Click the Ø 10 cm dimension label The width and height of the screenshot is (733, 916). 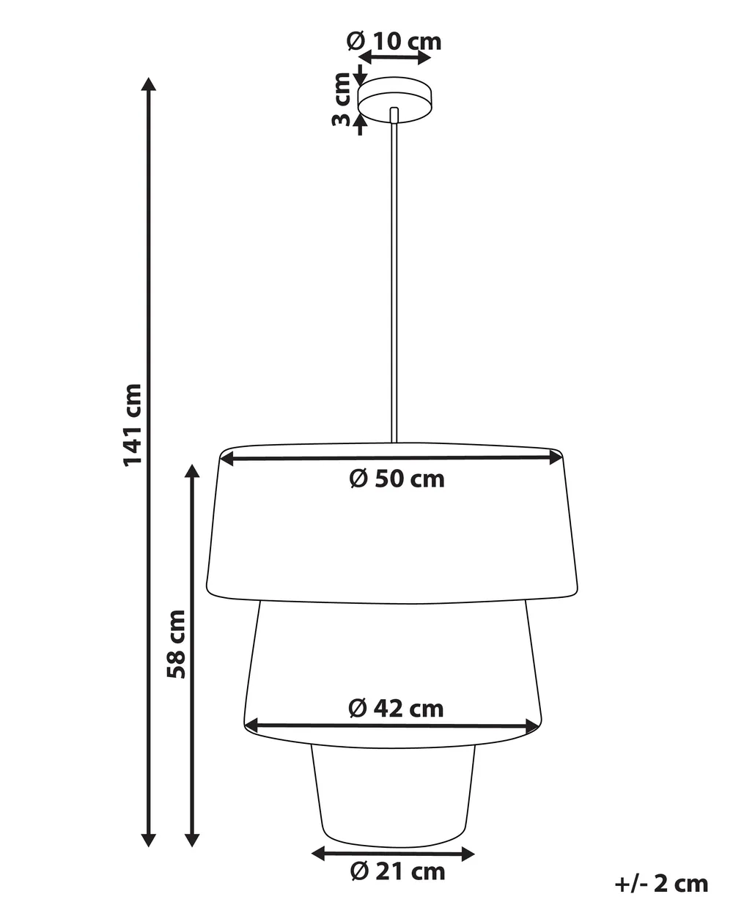394,42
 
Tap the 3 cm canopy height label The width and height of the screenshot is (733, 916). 342,100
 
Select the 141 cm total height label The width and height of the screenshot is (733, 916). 133,425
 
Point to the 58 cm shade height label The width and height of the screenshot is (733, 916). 176,644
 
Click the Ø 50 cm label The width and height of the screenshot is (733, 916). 397,479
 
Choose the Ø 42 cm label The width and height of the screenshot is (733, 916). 396,709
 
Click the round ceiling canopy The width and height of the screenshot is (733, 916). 395,100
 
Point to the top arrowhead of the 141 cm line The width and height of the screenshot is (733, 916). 148,84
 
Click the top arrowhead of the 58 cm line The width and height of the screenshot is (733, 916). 192,471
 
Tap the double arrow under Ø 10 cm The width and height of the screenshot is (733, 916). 394,57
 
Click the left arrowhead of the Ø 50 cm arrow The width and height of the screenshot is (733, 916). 227,459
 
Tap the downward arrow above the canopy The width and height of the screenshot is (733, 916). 361,75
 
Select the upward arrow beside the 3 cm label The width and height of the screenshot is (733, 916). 361,125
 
